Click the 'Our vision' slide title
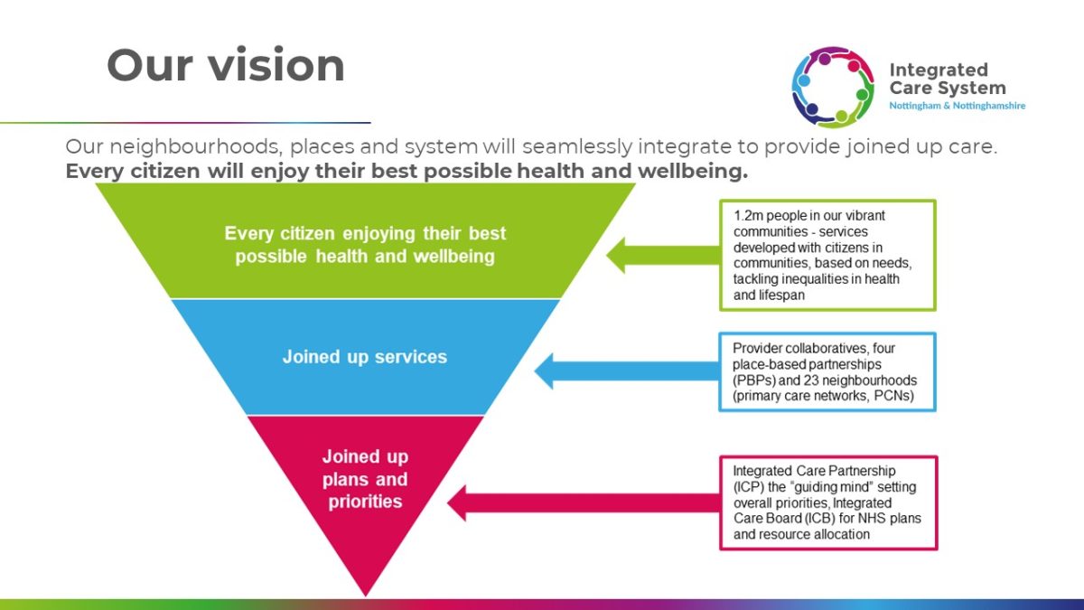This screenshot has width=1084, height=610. (226, 66)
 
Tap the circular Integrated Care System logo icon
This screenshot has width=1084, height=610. (832, 88)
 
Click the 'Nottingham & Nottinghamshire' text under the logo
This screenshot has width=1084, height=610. (957, 106)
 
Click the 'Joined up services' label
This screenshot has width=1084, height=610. (364, 357)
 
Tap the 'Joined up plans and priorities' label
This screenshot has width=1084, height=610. (365, 479)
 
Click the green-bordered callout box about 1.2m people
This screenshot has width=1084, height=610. (827, 255)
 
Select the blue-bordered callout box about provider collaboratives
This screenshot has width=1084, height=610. (827, 371)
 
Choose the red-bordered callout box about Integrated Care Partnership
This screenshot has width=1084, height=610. (827, 502)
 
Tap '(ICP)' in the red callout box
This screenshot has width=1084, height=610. (748, 487)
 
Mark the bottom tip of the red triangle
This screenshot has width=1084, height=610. (365, 592)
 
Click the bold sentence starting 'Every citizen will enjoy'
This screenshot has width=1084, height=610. (406, 172)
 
